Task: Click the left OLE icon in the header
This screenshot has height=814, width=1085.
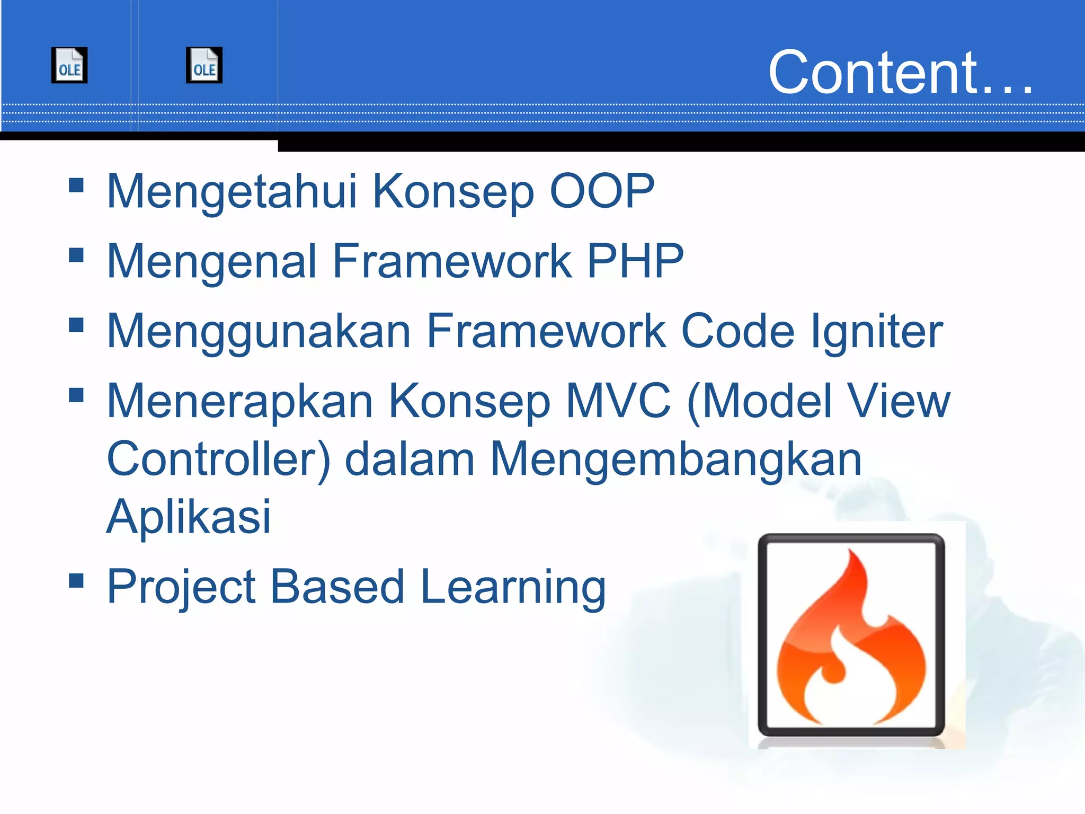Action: pyautogui.click(x=69, y=65)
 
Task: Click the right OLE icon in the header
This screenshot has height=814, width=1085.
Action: pyautogui.click(x=204, y=65)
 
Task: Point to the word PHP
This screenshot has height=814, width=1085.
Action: pyautogui.click(x=635, y=261)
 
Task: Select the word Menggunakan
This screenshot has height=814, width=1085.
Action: pyautogui.click(x=259, y=332)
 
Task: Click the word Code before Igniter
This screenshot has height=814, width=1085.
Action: pyautogui.click(x=737, y=331)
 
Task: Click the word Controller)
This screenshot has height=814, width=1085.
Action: pyautogui.click(x=218, y=459)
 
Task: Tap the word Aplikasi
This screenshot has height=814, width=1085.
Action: pyautogui.click(x=189, y=517)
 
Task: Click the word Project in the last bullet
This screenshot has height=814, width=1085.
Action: pyautogui.click(x=181, y=587)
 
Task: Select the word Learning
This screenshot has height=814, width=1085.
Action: pyautogui.click(x=513, y=587)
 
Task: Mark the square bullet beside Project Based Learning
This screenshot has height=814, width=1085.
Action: pyautogui.click(x=76, y=581)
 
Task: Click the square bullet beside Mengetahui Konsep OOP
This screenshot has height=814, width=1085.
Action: pyautogui.click(x=76, y=185)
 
